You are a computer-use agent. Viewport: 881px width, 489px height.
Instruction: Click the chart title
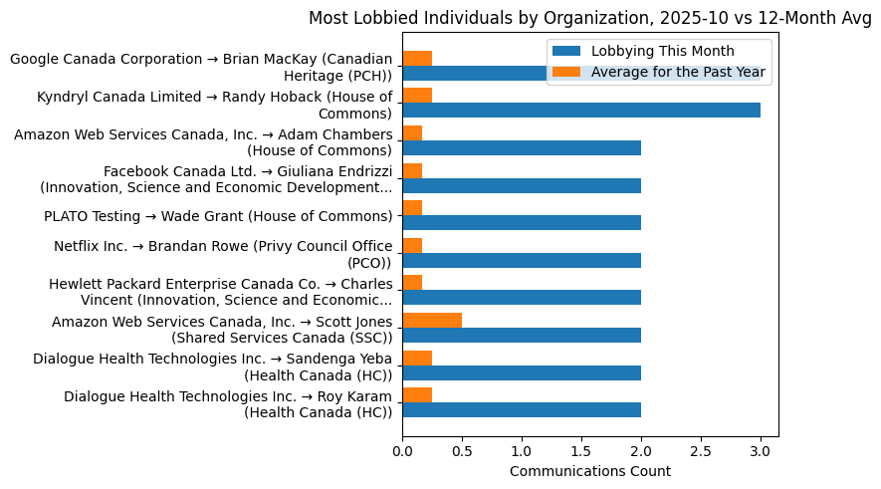[589, 18]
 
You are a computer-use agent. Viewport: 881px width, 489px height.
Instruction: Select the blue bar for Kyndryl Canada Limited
[581, 111]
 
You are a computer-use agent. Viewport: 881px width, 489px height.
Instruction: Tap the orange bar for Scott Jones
[432, 321]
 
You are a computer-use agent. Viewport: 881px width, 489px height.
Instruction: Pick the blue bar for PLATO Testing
[522, 223]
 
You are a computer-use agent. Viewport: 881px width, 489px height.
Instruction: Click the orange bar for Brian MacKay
[417, 58]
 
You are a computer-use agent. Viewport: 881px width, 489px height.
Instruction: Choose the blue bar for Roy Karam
[522, 410]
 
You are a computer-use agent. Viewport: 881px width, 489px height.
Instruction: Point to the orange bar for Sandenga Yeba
[417, 358]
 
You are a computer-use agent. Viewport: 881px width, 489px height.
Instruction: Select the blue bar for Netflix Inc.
[522, 261]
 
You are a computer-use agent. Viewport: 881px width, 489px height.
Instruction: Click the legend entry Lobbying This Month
[662, 52]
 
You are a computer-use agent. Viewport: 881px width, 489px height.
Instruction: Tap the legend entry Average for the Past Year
[678, 72]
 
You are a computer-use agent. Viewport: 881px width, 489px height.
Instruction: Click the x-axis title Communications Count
[589, 471]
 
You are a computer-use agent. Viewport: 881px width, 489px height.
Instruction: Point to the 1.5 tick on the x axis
[581, 438]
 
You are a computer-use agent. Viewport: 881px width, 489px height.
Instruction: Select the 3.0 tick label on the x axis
[761, 451]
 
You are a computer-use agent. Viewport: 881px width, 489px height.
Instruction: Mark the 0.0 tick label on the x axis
[402, 451]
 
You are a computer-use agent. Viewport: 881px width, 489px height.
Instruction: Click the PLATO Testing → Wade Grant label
[218, 216]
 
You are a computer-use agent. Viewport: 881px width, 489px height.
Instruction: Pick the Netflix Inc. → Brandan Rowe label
[222, 254]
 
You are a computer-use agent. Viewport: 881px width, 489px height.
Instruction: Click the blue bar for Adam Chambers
[522, 148]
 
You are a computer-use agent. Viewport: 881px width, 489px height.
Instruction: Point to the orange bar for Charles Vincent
[412, 283]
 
